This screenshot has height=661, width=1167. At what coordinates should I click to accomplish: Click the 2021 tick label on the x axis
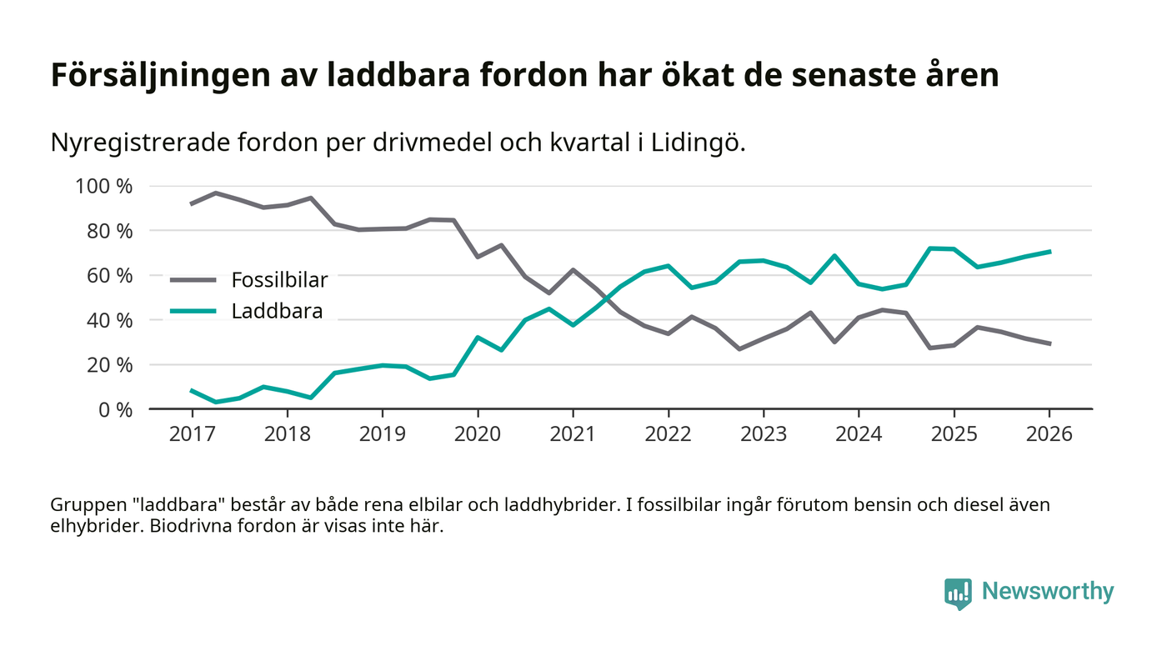pyautogui.click(x=573, y=435)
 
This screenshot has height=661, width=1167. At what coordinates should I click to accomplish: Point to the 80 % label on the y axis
pyautogui.click(x=103, y=231)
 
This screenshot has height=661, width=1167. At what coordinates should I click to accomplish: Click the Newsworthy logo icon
pyautogui.click(x=958, y=593)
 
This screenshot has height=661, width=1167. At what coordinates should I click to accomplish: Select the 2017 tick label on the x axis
pyautogui.click(x=192, y=435)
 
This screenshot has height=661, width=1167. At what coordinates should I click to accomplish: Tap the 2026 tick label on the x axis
pyautogui.click(x=1049, y=435)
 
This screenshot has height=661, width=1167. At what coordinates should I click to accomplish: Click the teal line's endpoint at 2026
pyautogui.click(x=1049, y=251)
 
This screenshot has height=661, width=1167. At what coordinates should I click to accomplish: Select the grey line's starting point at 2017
pyautogui.click(x=192, y=203)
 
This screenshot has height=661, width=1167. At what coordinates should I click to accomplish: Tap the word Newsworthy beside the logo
pyautogui.click(x=1047, y=592)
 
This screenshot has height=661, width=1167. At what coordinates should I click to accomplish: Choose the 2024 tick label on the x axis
pyautogui.click(x=859, y=435)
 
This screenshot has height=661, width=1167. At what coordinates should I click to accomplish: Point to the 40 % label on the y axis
pyautogui.click(x=103, y=320)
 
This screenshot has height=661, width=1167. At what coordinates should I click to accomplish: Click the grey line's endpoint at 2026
pyautogui.click(x=1049, y=343)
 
